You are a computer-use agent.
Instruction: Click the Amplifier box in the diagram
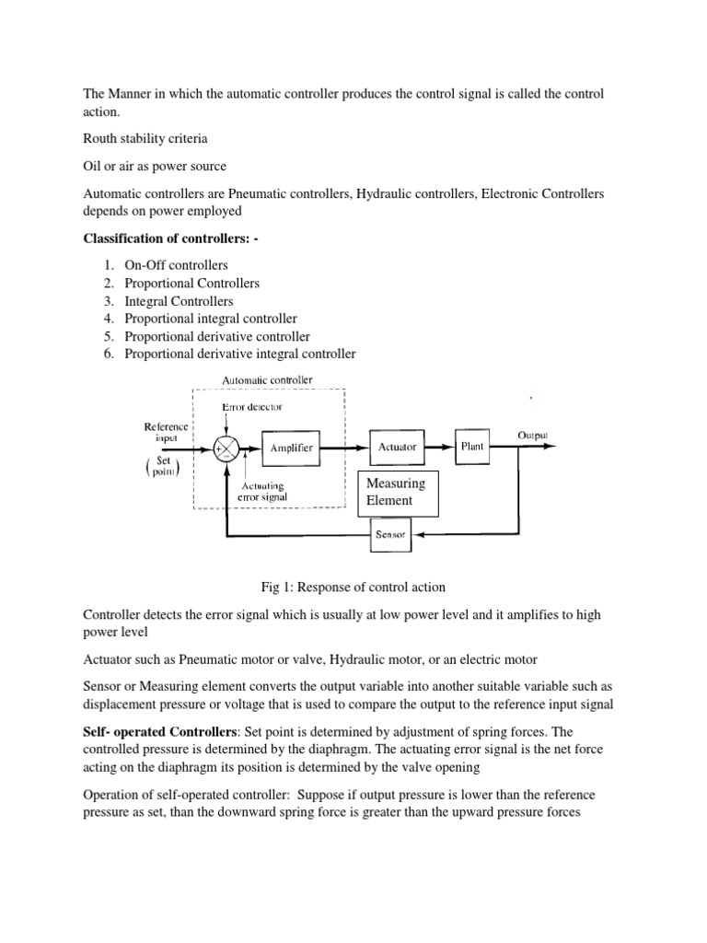[x=291, y=448]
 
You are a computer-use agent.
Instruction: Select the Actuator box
[x=397, y=447]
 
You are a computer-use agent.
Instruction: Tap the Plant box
[x=472, y=447]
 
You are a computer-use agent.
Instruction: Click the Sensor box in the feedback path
[x=397, y=533]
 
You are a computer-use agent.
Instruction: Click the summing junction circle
[x=225, y=448]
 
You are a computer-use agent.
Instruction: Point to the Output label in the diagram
[x=535, y=434]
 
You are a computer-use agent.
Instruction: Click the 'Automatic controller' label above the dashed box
[x=268, y=379]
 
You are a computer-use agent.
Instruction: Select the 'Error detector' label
[x=252, y=406]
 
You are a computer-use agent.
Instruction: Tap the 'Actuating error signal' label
[x=262, y=492]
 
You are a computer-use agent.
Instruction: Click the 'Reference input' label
[x=167, y=433]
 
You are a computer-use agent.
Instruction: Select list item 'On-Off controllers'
[x=176, y=265]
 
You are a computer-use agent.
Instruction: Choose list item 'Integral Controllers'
[x=179, y=301]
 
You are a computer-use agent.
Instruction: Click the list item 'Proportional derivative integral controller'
[x=239, y=354]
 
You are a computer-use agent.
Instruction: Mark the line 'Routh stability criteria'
[x=145, y=139]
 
